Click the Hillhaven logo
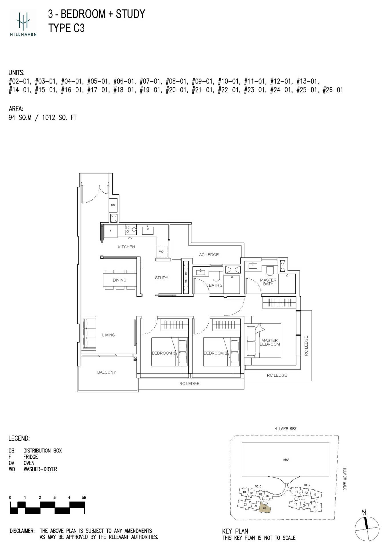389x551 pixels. click(x=23, y=23)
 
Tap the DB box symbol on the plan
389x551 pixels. click(x=113, y=205)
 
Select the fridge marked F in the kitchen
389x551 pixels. click(x=111, y=231)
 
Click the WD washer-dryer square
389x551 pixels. click(x=161, y=251)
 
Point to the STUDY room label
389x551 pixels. click(x=161, y=278)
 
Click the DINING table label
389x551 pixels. click(x=119, y=280)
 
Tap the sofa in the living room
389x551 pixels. click(x=89, y=333)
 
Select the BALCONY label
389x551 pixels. click(x=107, y=372)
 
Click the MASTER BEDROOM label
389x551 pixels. click(x=270, y=342)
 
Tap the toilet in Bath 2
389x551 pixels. click(x=216, y=276)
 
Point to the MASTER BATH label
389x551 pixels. click(x=268, y=282)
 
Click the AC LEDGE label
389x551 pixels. click(x=209, y=255)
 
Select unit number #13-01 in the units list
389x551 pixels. click(x=308, y=81)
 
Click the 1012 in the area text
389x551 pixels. click(x=49, y=117)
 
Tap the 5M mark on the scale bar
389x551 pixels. click(x=84, y=498)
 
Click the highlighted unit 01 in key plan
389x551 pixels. click(x=264, y=508)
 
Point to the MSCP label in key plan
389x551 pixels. click(x=286, y=460)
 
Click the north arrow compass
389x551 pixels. click(x=367, y=526)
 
